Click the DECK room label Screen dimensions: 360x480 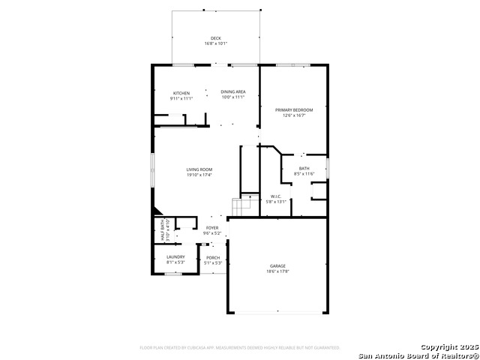pos(216,38)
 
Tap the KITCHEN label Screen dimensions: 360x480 pos(181,92)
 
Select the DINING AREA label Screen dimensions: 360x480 pos(233,92)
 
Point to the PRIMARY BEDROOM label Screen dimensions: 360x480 pos(293,109)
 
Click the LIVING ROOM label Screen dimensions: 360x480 pos(199,169)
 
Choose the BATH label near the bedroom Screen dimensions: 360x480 pos(304,168)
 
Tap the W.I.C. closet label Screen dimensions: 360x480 pos(276,196)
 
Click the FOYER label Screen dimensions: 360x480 pos(213,228)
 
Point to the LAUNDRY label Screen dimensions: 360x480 pos(175,257)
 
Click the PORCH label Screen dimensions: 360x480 pos(213,258)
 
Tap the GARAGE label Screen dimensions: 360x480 pos(278,265)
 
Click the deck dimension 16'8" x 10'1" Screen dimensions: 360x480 pos(216,43)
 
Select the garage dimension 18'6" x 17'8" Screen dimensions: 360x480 pos(278,271)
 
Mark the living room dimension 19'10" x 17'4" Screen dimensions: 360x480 pos(199,175)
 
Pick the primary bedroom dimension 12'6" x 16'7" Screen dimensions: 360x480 pos(293,115)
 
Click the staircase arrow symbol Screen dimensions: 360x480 pos(249,198)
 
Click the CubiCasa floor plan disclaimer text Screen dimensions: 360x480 pos(240,347)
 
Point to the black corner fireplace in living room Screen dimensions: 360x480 pos(156,212)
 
